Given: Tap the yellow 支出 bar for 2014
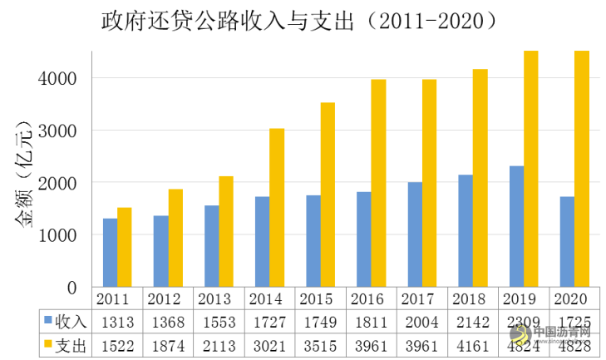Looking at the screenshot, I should (277, 208).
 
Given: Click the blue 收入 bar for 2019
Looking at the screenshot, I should (516, 226).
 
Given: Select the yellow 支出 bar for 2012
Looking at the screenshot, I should (175, 238).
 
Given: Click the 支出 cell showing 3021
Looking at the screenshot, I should (270, 344).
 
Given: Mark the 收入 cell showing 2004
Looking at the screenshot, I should (422, 321).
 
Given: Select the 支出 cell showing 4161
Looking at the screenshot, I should (473, 344).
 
